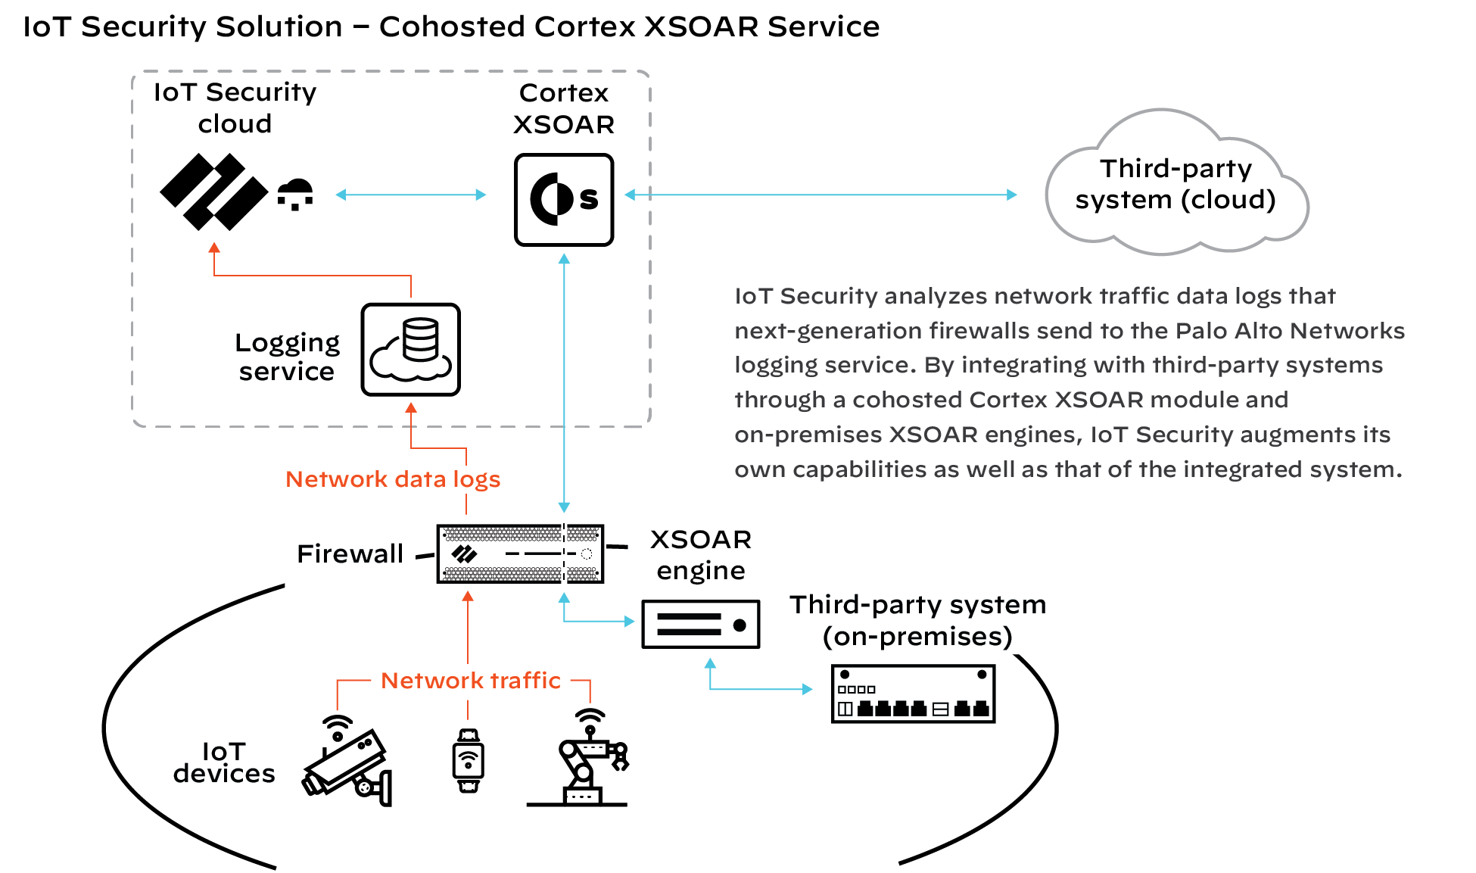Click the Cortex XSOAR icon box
[x=564, y=200]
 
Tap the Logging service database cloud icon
[x=411, y=350]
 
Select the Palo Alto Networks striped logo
[x=213, y=192]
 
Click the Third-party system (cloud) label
[x=1176, y=184]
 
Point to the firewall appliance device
[x=520, y=554]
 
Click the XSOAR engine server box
[x=700, y=625]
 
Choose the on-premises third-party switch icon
[x=913, y=694]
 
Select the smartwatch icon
[x=468, y=760]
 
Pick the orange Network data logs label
[x=393, y=479]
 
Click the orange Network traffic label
[x=471, y=681]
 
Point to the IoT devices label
[x=224, y=762]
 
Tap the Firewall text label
[x=350, y=554]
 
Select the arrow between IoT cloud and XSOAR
[x=410, y=195]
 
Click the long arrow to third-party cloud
[x=821, y=195]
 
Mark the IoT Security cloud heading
[x=235, y=108]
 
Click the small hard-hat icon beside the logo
[x=295, y=194]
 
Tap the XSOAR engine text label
[x=701, y=555]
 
